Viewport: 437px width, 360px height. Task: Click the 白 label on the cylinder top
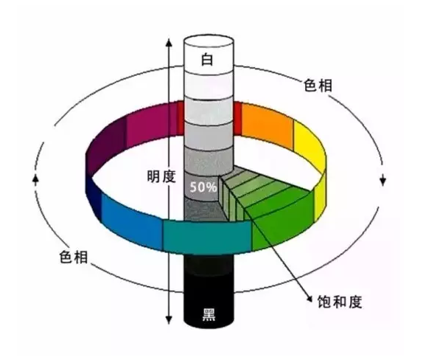point(207,60)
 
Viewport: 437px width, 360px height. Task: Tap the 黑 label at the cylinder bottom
point(209,314)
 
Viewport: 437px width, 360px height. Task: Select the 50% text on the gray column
point(203,187)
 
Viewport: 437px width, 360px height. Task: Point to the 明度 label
point(161,176)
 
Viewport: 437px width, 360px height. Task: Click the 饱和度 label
point(340,302)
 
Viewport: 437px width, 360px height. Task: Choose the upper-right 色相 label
point(318,85)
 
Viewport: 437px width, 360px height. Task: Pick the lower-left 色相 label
point(74,257)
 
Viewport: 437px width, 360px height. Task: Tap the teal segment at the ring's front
point(207,237)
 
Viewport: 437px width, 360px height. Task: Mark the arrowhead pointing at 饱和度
point(309,298)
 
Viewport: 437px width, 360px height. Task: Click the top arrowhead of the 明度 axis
point(169,43)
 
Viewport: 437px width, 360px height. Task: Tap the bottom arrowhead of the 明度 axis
point(169,320)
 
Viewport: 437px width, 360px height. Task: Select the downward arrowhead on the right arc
point(383,181)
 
